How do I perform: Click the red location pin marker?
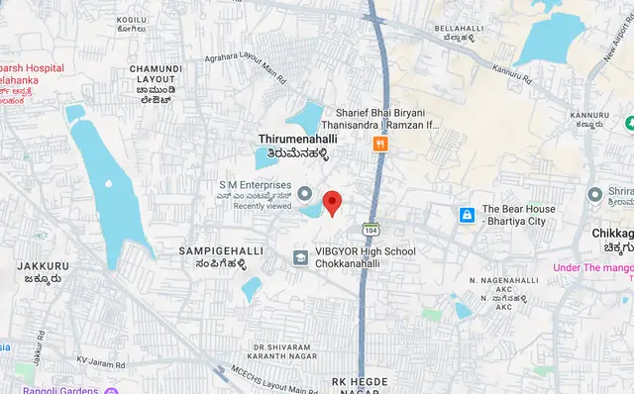click(333, 201)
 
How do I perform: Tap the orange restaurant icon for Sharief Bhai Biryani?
click(378, 145)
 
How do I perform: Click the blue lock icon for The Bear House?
click(466, 215)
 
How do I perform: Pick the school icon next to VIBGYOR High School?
click(298, 257)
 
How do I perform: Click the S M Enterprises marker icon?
click(304, 192)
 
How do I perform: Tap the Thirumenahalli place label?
click(292, 141)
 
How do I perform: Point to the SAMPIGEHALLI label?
click(220, 251)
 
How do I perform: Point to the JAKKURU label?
click(43, 266)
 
